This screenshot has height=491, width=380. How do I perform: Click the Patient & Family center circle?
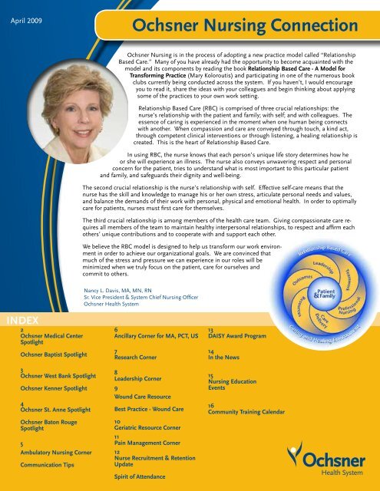325,295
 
